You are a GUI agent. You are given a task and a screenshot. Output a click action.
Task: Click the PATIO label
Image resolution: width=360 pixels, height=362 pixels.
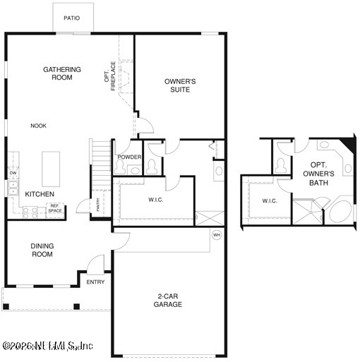[71, 18]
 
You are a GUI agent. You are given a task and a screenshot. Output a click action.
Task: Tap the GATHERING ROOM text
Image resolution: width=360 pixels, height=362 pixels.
[62, 74]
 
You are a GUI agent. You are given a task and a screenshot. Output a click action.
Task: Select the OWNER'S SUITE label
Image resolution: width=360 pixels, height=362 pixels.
[180, 85]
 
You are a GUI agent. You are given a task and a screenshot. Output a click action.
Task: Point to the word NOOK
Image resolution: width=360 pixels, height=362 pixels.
[38, 126]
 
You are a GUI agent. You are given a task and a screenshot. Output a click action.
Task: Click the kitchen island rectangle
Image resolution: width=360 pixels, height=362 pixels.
[51, 167]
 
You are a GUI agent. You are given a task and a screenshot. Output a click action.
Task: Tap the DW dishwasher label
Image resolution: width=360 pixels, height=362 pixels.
[13, 173]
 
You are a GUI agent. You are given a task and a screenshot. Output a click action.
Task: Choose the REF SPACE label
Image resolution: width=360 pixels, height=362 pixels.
[54, 209]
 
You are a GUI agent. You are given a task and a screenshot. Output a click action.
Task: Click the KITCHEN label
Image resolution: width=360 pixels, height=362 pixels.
[40, 194]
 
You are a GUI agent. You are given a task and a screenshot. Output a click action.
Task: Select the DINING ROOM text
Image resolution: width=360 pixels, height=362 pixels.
[42, 251]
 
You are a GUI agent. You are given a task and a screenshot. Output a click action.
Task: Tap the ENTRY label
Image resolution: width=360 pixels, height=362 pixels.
[95, 282]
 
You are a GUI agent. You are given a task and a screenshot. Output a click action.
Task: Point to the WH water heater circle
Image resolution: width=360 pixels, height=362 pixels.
[217, 234]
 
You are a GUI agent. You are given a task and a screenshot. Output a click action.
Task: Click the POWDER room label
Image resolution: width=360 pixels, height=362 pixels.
[130, 157]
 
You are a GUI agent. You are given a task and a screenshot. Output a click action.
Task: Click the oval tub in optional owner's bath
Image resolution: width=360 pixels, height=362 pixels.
[340, 212]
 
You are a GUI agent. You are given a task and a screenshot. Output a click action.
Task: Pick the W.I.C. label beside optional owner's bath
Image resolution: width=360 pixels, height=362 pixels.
[270, 201]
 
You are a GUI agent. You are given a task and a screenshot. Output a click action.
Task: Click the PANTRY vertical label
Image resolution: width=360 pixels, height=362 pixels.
[98, 205]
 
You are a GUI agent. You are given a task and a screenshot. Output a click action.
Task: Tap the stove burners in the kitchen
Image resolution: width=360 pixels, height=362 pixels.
[30, 211]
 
